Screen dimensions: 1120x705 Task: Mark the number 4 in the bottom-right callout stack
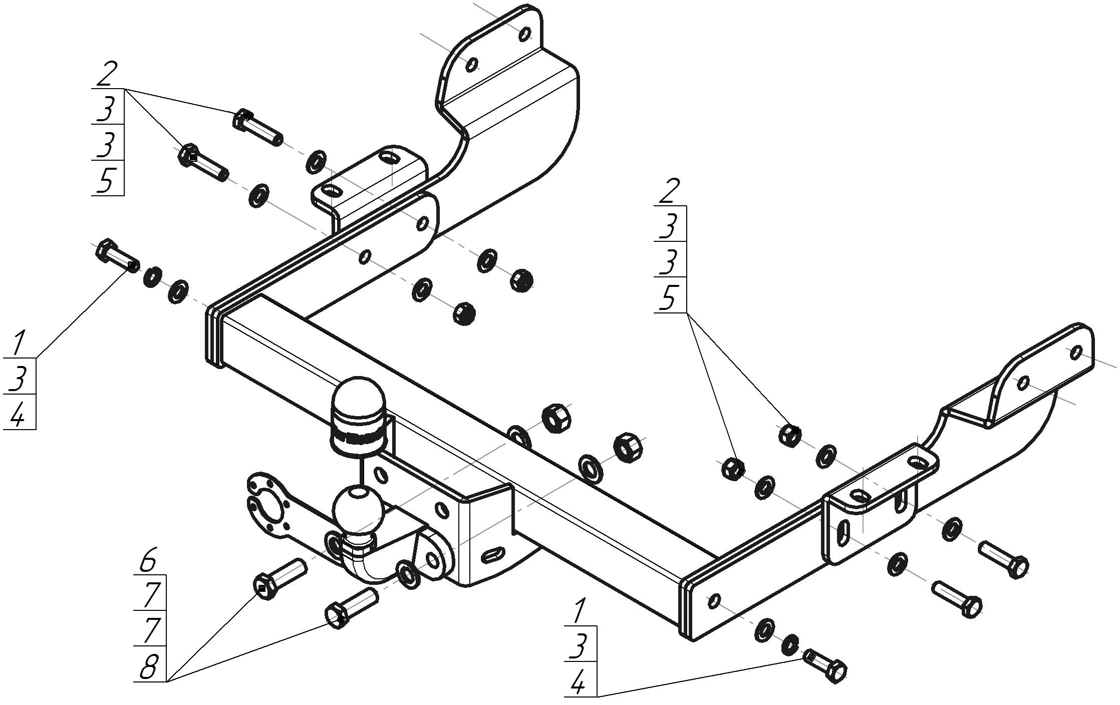[x=579, y=683]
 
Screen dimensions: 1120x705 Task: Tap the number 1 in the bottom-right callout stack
[x=579, y=611]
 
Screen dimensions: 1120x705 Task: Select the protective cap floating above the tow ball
[x=359, y=417]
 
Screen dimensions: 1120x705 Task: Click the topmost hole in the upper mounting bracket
[x=525, y=34]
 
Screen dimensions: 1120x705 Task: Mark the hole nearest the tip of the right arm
[x=1075, y=352]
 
